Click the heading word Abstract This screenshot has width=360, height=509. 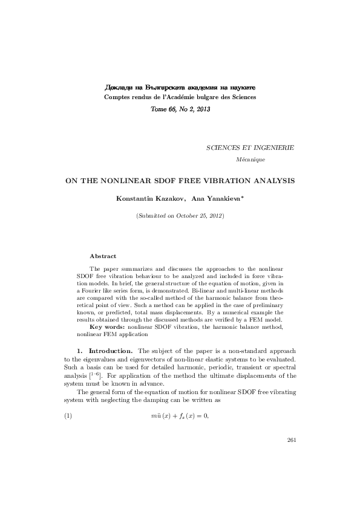[x=103, y=256]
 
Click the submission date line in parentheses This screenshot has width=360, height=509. [x=180, y=216]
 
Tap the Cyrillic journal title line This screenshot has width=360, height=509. [x=180, y=86]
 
